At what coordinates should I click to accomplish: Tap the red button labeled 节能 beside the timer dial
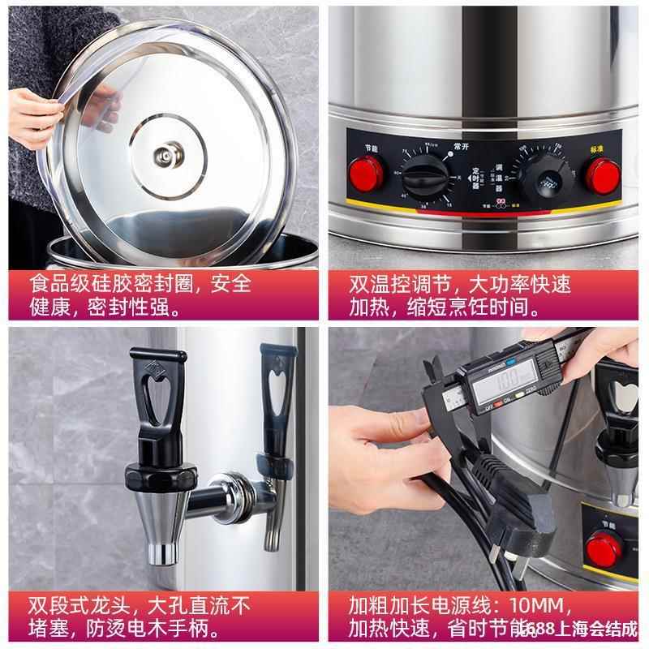point(363,172)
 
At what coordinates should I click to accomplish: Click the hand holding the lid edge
point(32,114)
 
